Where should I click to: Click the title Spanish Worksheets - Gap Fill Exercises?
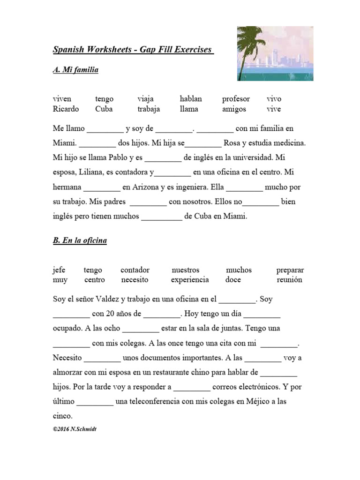133,50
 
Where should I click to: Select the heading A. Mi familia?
75,70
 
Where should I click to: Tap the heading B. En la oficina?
80,240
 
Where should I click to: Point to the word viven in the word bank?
62,99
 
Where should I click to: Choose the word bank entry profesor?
236,99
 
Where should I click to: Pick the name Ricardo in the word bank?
66,109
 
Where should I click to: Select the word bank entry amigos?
233,109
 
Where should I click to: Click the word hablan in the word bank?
191,99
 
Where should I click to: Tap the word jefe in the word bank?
59,270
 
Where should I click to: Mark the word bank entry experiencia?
190,280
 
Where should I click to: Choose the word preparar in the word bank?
290,270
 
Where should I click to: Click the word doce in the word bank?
233,280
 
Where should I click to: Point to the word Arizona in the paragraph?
145,187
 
